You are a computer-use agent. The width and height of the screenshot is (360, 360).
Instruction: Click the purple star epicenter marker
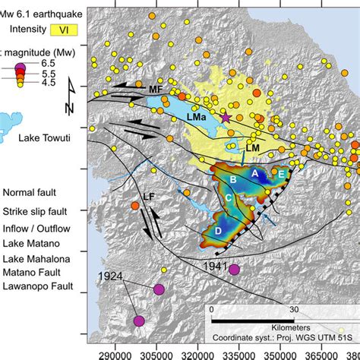[225, 117]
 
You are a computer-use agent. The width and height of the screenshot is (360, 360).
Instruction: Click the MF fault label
[156, 90]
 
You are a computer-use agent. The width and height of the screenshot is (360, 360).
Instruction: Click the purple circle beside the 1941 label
[234, 269]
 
